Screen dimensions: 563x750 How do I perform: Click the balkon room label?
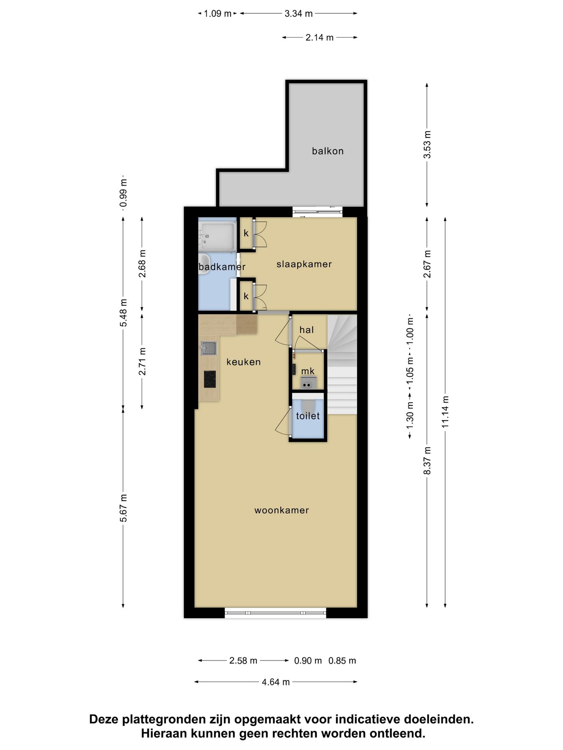coord(328,151)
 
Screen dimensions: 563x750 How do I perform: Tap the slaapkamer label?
coord(304,264)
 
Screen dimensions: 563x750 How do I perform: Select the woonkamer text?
coord(282,510)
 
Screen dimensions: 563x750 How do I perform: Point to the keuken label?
coord(244,362)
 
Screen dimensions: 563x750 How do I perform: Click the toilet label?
coord(308,416)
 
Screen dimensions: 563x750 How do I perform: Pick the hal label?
coord(306,330)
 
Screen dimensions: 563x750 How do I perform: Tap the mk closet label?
coord(308,371)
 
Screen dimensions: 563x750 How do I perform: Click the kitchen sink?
coord(209,348)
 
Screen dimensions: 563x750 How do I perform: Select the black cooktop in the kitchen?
coord(210,379)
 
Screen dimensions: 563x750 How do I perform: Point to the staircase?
coord(342,365)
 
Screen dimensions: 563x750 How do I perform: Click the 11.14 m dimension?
coord(445,412)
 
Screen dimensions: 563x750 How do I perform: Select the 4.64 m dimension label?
coord(276,682)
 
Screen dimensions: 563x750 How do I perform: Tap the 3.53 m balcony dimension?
coord(427,144)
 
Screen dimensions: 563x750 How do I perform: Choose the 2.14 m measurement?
coord(320,37)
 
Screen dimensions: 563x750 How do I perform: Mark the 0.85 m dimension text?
coord(342,661)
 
